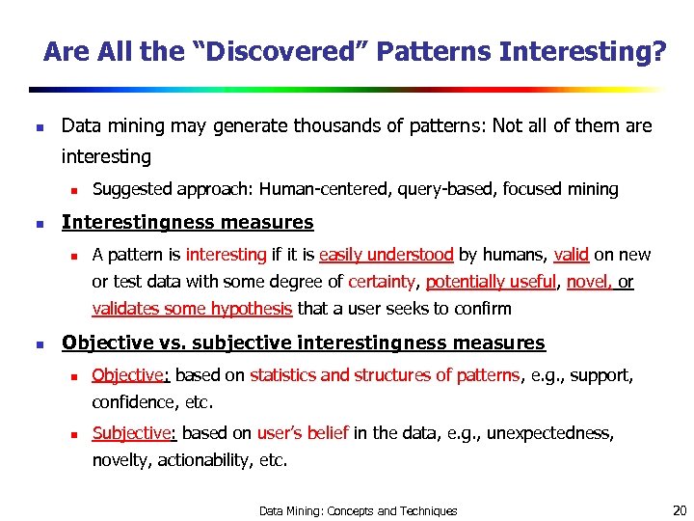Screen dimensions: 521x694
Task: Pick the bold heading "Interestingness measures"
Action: point(187,223)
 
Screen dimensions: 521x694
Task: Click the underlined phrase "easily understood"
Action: point(386,256)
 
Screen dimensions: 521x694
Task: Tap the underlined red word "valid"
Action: point(571,256)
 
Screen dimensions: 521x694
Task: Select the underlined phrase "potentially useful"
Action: point(491,283)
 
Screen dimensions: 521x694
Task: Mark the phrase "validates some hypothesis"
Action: point(192,310)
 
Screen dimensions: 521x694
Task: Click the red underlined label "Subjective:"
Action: point(135,434)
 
